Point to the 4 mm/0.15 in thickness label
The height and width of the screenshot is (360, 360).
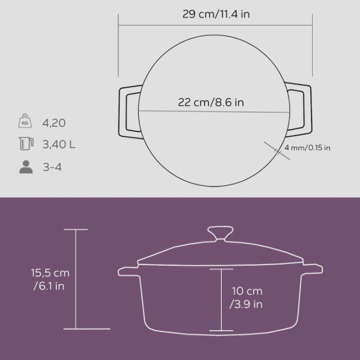click(x=307, y=148)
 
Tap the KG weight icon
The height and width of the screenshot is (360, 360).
click(x=26, y=122)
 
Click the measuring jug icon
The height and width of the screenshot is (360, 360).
click(x=26, y=144)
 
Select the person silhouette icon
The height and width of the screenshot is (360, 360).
click(x=26, y=167)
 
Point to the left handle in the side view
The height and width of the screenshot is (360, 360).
click(x=127, y=269)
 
